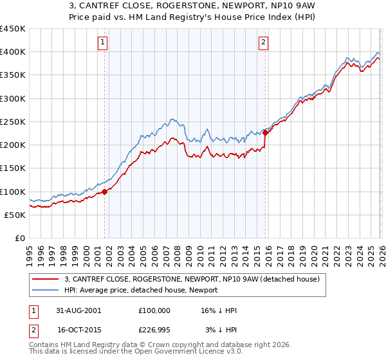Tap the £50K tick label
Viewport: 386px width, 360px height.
point(15,215)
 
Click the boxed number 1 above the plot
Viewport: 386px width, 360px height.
point(103,43)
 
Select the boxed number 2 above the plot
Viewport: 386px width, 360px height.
point(264,43)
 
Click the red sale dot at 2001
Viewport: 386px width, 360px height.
point(105,192)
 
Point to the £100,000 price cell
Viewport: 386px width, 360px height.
point(154,310)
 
